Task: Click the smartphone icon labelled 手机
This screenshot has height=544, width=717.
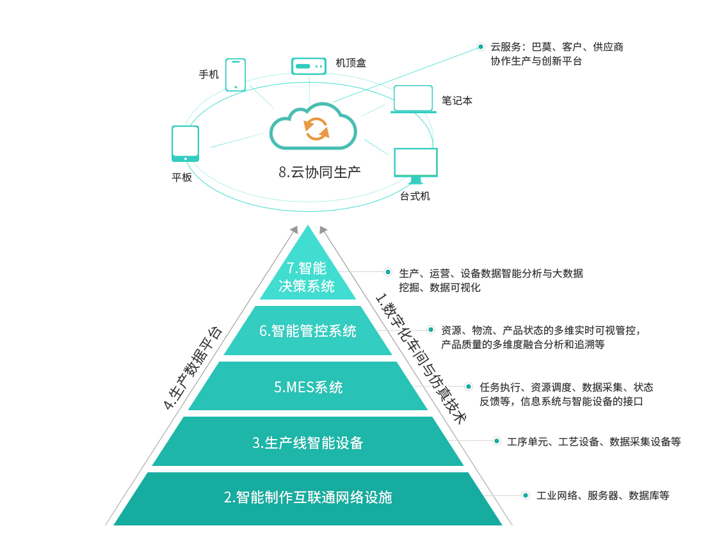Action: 236,75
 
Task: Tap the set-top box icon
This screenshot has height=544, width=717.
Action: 309,66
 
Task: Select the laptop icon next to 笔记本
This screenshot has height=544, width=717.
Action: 414,99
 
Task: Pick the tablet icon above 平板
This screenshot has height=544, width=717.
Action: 185,143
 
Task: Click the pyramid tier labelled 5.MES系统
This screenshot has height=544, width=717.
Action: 308,387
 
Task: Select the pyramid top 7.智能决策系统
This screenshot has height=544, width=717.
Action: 307,277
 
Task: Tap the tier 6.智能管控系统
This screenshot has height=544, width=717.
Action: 308,331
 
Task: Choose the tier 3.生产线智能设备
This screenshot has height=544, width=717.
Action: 308,442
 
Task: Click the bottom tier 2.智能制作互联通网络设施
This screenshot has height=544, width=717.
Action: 308,497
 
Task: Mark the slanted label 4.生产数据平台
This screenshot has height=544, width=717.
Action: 193,367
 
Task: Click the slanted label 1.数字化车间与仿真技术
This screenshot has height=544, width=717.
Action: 421,358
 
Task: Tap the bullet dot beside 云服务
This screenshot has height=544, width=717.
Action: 480,47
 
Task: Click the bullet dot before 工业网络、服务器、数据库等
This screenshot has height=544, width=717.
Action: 526,495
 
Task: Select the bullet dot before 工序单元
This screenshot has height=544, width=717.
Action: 496,441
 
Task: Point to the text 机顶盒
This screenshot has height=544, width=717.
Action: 351,63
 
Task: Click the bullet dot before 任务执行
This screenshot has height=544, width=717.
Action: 469,387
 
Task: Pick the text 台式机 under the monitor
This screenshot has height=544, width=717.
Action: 415,196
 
